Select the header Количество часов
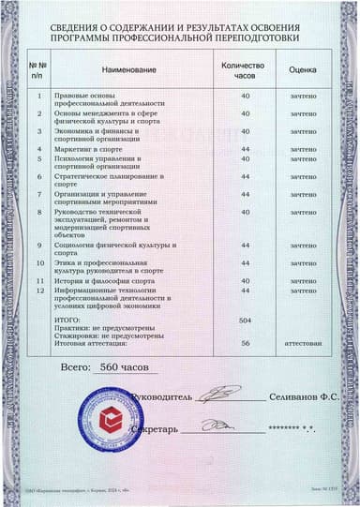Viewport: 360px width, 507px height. click(246, 69)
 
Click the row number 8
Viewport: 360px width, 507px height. click(39, 213)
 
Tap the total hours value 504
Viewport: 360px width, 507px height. click(246, 321)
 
